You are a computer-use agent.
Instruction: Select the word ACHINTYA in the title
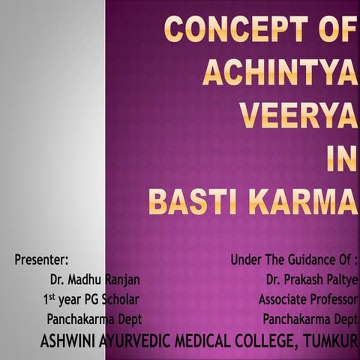click(x=279, y=73)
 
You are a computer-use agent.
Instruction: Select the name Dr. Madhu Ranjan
click(x=94, y=280)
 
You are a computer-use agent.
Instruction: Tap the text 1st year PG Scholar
click(x=91, y=299)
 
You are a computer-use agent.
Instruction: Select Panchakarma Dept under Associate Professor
click(x=310, y=318)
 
